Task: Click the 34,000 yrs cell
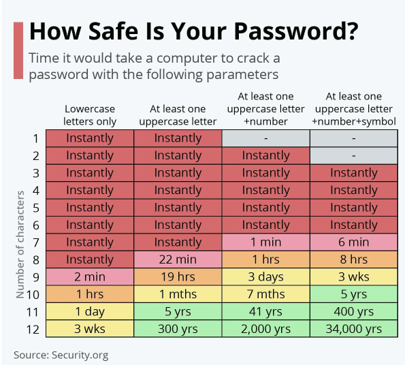click(x=353, y=329)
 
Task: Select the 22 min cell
click(x=178, y=259)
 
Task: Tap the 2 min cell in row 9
click(x=90, y=276)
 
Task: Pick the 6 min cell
click(x=353, y=242)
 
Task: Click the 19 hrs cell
click(x=178, y=276)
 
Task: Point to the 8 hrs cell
click(x=353, y=259)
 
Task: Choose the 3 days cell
click(x=265, y=276)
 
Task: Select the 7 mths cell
click(x=265, y=294)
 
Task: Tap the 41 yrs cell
click(x=265, y=311)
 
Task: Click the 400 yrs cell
click(x=353, y=311)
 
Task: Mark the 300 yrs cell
click(x=178, y=329)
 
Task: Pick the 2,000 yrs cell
click(x=265, y=329)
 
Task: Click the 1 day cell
click(x=90, y=311)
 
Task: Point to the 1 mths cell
click(x=178, y=294)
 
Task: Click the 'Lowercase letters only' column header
click(x=90, y=115)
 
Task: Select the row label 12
click(x=33, y=330)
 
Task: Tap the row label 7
click(x=36, y=242)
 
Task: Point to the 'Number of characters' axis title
click(x=20, y=244)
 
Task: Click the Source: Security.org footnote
click(x=61, y=355)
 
